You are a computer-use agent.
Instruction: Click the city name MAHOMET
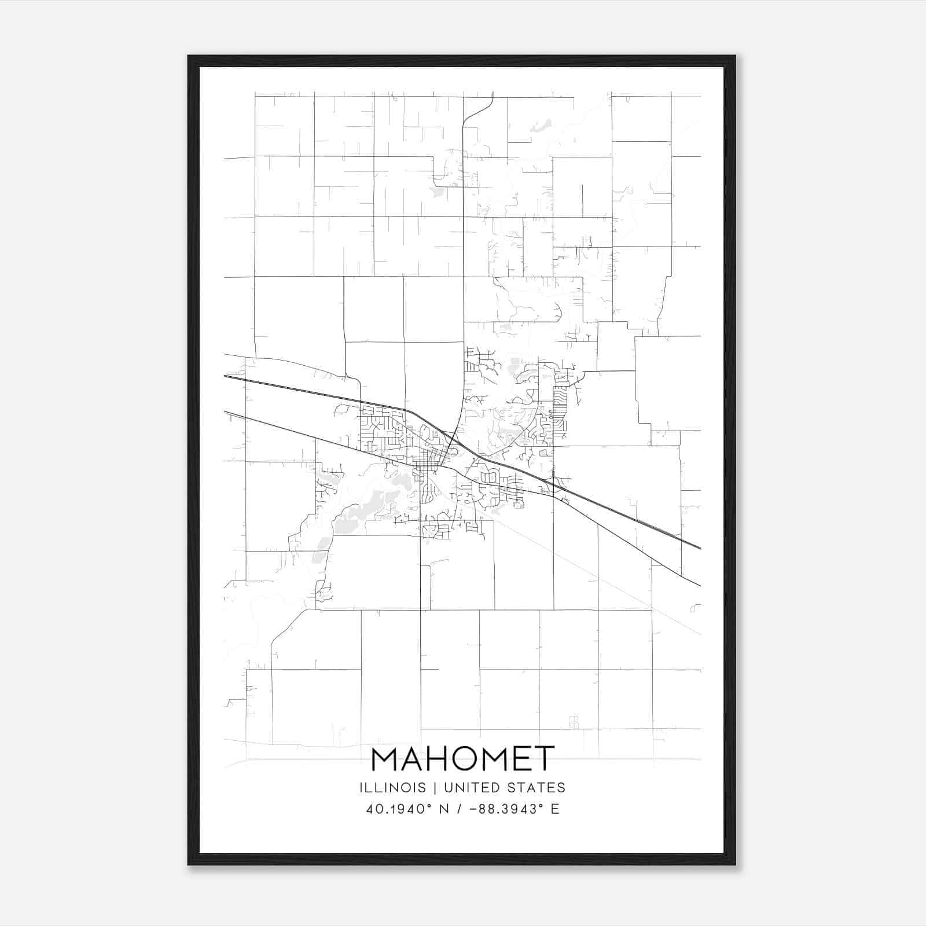point(462,759)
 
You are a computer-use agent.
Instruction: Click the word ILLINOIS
point(392,788)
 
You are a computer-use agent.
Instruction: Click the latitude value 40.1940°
point(400,809)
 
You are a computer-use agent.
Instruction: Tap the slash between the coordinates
point(460,809)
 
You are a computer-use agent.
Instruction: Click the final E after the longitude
point(555,809)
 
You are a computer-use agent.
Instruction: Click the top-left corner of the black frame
point(189,57)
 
